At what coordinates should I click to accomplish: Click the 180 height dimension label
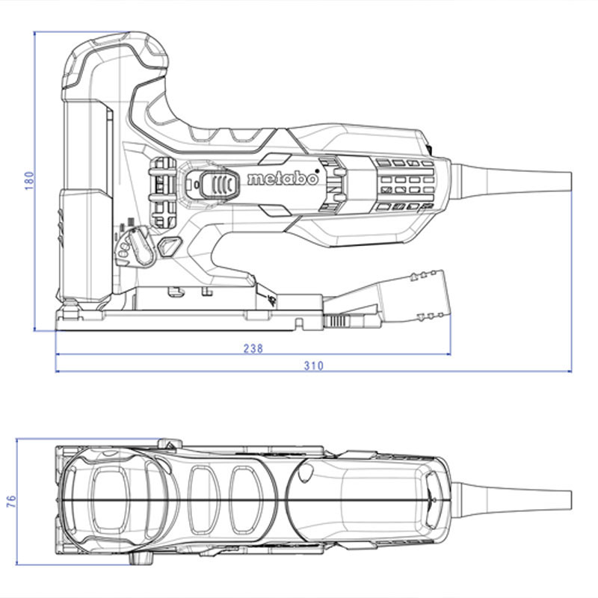(x=29, y=181)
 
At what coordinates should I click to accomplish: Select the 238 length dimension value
(x=253, y=348)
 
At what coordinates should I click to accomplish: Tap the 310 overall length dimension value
(x=313, y=366)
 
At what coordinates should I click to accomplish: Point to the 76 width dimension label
(x=11, y=501)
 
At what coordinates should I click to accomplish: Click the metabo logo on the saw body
(x=283, y=179)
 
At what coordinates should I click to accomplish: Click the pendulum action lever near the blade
(x=141, y=245)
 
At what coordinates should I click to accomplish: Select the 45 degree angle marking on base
(x=272, y=301)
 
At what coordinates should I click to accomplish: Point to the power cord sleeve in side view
(x=511, y=181)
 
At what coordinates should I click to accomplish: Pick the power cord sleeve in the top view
(x=511, y=500)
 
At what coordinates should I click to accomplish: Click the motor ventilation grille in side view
(x=406, y=185)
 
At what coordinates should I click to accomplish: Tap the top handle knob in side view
(x=114, y=63)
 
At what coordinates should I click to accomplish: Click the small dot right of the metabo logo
(x=317, y=171)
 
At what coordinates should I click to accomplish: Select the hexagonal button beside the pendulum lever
(x=170, y=247)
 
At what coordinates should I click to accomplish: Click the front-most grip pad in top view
(x=111, y=500)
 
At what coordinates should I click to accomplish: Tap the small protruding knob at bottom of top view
(x=141, y=558)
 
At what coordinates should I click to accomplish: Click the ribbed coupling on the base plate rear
(x=337, y=321)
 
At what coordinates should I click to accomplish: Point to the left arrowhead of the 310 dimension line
(x=58, y=371)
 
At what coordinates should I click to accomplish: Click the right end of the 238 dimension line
(x=451, y=354)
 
